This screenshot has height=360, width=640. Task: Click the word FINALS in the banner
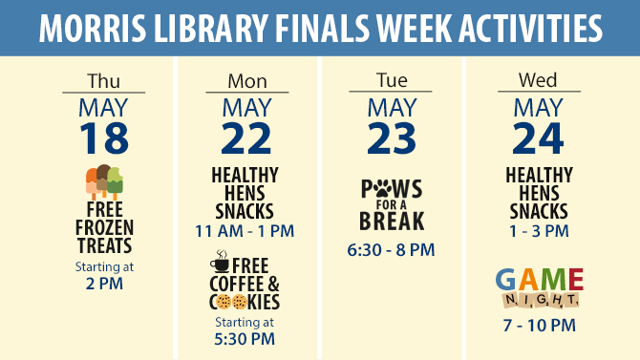322,28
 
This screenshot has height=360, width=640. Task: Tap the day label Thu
104,81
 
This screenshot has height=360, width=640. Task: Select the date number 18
104,138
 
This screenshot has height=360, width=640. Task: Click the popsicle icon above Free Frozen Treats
104,181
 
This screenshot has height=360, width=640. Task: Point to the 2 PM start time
104,284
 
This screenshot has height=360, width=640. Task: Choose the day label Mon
247,81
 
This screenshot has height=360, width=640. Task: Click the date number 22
246,138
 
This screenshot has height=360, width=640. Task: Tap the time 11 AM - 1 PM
245,231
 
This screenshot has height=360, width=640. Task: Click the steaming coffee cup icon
220,262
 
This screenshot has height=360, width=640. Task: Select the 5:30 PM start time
245,339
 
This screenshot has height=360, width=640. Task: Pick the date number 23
392,138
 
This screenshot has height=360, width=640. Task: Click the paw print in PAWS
383,189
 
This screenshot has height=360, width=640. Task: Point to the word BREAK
392,221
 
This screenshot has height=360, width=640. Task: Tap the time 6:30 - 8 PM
391,250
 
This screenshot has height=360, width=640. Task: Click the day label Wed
538,80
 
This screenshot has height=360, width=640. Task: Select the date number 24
539,138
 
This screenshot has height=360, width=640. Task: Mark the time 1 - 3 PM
539,231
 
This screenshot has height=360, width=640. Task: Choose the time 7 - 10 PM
540,326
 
